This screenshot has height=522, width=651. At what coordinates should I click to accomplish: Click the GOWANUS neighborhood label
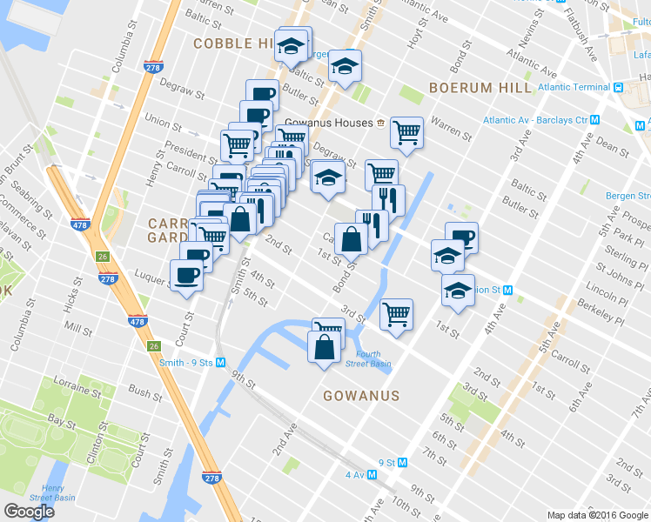[x=360, y=396]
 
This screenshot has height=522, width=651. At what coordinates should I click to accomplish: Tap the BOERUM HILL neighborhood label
[x=480, y=88]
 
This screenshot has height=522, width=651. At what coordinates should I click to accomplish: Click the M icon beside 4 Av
[x=372, y=475]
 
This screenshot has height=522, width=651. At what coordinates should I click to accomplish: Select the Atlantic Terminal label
[x=574, y=87]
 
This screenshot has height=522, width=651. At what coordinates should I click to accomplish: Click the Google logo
[x=29, y=512]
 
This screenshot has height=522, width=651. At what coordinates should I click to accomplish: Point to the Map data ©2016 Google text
[x=598, y=515]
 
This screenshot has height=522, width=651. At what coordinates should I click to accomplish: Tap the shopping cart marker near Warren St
[x=406, y=132]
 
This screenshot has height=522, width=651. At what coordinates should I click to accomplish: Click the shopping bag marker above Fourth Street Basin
[x=324, y=346]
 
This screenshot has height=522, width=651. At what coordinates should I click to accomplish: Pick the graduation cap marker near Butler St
[x=345, y=66]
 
